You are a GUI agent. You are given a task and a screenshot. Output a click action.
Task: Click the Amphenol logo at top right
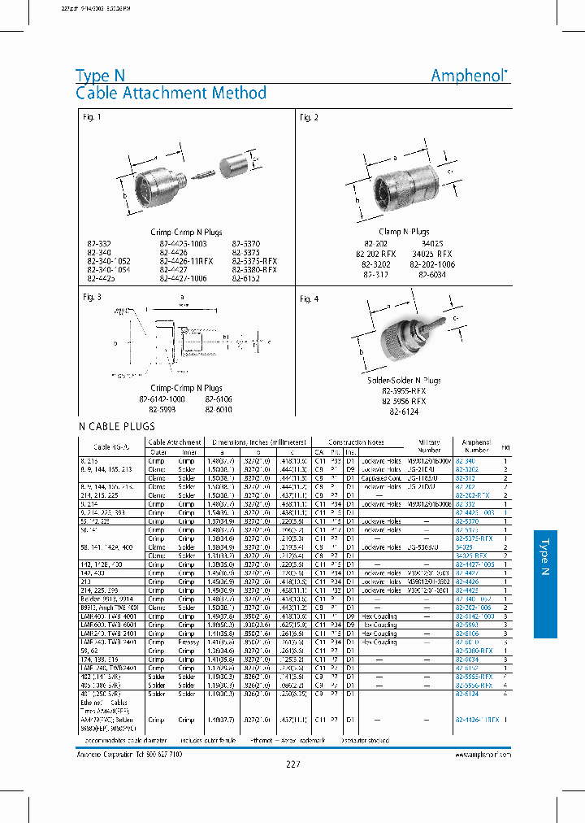coord(470,76)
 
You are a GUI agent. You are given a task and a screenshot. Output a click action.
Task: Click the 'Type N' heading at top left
coord(100,76)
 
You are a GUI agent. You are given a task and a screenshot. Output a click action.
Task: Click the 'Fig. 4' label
coord(309,299)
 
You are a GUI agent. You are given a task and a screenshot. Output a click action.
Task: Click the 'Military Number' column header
coord(429,446)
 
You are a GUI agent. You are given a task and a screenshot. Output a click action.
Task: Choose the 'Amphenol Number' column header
coord(475,446)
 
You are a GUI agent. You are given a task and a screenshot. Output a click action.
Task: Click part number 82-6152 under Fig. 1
coord(246,278)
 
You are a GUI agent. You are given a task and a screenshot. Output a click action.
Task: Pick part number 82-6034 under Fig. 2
coord(432,275)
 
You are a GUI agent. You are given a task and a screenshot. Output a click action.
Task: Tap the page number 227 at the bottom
coord(293,763)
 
